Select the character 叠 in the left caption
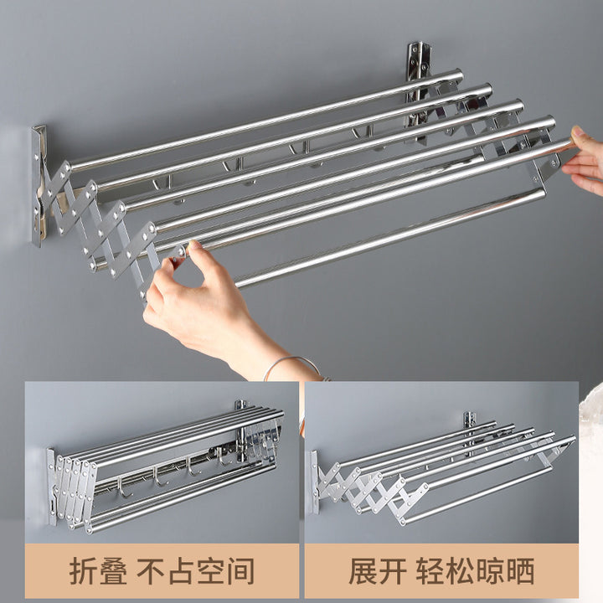pyautogui.click(x=114, y=570)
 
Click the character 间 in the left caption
pyautogui.click(x=240, y=570)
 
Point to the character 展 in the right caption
pyautogui.click(x=364, y=570)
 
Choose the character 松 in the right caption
pyautogui.click(x=461, y=570)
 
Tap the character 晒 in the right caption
pyautogui.click(x=520, y=570)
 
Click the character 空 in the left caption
pyautogui.click(x=210, y=570)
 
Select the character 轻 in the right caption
pyautogui.click(x=430, y=570)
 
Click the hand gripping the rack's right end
pyautogui.click(x=584, y=162)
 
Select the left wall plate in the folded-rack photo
pyautogui.click(x=52, y=487)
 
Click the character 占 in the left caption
pyautogui.click(x=180, y=570)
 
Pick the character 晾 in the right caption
pyautogui.click(x=490, y=570)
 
